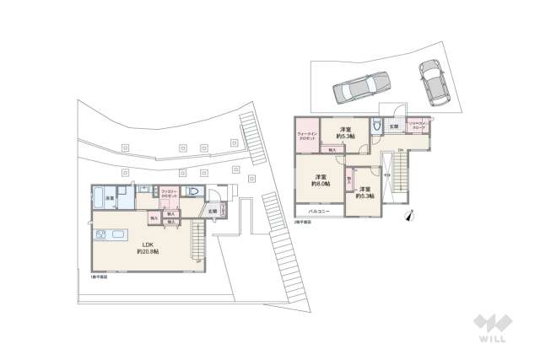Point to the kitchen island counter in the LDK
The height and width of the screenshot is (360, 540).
116,235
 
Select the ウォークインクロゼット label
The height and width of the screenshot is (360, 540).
307,136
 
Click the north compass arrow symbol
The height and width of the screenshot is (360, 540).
411,214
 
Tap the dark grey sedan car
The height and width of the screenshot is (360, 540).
360,86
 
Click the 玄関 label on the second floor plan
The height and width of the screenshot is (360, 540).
395,126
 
